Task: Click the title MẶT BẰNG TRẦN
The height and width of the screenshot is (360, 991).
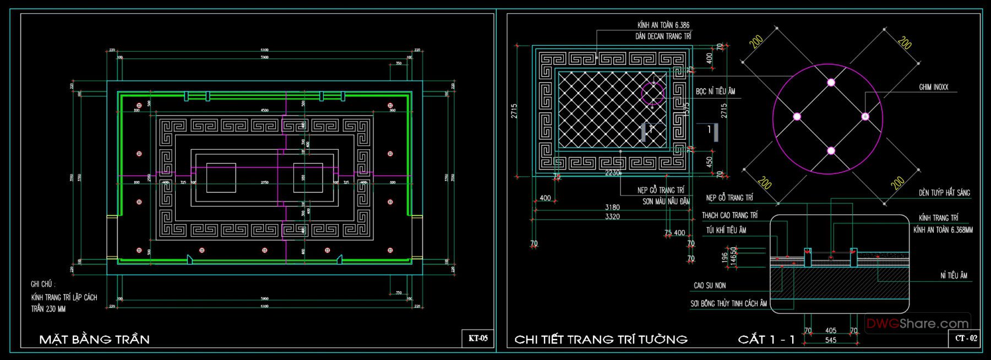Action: pyautogui.click(x=94, y=339)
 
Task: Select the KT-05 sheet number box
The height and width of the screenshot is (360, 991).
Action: pyautogui.click(x=477, y=339)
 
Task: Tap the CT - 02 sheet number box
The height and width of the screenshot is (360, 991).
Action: pyautogui.click(x=966, y=339)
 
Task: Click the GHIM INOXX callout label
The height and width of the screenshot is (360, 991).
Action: pyautogui.click(x=933, y=87)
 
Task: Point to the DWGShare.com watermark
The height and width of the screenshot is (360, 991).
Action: pyautogui.click(x=917, y=324)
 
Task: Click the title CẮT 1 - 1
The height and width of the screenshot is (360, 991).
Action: pyautogui.click(x=766, y=339)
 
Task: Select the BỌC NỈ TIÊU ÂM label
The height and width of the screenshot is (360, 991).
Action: pyautogui.click(x=715, y=91)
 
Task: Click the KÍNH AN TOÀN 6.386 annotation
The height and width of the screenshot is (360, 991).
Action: pyautogui.click(x=663, y=25)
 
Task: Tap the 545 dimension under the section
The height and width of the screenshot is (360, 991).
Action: pyautogui.click(x=831, y=340)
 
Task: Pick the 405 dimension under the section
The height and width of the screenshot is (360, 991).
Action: pyautogui.click(x=831, y=331)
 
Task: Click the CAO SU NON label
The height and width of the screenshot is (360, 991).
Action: pyautogui.click(x=710, y=286)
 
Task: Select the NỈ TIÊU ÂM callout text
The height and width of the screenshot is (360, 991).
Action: pyautogui.click(x=954, y=275)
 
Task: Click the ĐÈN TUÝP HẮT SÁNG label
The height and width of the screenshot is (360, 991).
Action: pyautogui.click(x=944, y=193)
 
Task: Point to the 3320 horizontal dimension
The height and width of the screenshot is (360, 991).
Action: pyautogui.click(x=612, y=216)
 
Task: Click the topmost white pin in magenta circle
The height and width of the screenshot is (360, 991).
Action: pyautogui.click(x=831, y=83)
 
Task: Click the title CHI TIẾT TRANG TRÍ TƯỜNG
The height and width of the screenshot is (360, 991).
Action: pyautogui.click(x=601, y=339)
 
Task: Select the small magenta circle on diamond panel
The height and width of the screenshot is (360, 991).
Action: pyautogui.click(x=654, y=94)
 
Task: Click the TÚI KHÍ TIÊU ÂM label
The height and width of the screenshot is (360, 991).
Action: pyautogui.click(x=726, y=230)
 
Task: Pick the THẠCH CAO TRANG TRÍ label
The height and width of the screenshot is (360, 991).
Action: pyautogui.click(x=729, y=215)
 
